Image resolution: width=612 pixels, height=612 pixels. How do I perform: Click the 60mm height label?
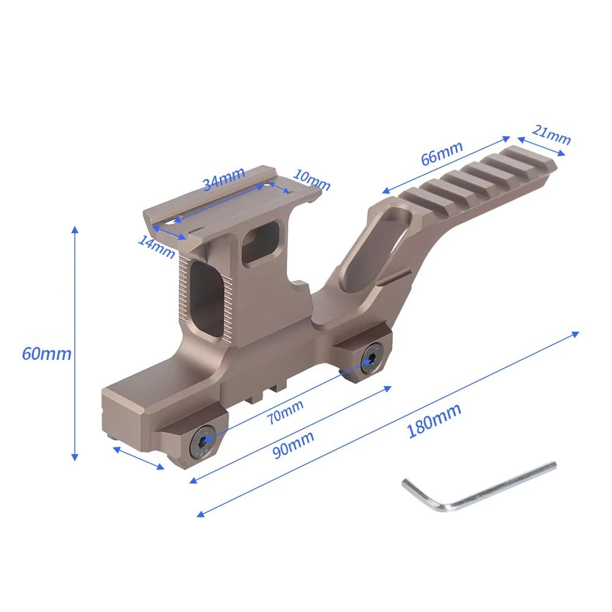tap(47, 354)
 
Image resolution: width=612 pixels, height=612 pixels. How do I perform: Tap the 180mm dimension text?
tap(434, 421)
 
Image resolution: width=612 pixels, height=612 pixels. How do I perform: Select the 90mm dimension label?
tap(293, 444)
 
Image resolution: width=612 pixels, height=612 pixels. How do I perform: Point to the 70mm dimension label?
tap(285, 412)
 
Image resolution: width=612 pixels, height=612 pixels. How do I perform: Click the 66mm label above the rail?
tap(442, 152)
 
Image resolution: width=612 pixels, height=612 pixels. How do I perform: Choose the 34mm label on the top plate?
tap(223, 178)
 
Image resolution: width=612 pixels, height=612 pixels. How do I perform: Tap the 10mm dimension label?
tap(312, 179)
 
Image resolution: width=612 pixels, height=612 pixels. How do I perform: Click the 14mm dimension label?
tap(157, 247)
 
